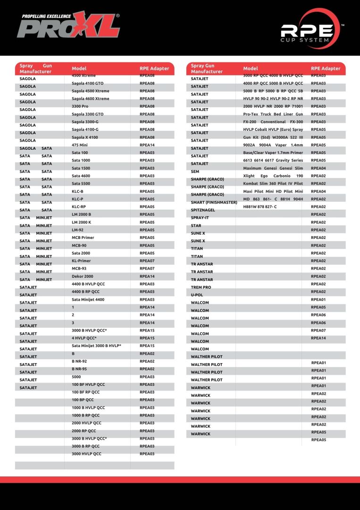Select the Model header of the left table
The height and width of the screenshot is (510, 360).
[79, 68]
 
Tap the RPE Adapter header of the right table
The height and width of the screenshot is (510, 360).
[326, 68]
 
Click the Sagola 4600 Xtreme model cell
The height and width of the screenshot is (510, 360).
[90, 99]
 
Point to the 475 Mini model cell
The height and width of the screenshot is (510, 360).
[80, 145]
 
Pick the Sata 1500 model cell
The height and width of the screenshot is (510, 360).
[81, 168]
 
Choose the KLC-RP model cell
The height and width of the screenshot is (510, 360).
[79, 207]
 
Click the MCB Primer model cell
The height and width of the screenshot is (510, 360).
[83, 238]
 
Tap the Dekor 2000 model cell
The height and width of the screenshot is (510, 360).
[83, 276]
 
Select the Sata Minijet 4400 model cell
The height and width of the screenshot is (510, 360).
[88, 299]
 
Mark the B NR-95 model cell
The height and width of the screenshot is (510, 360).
[79, 369]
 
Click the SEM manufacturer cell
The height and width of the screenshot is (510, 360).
[195, 171]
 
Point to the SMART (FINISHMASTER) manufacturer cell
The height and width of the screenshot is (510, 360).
[214, 202]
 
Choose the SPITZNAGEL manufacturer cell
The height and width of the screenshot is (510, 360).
[203, 210]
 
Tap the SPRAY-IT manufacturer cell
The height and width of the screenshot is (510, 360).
[200, 218]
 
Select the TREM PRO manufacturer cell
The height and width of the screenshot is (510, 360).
[201, 287]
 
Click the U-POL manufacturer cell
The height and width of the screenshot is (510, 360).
[197, 295]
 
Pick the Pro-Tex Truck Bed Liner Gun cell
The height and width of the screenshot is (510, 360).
[273, 114]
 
